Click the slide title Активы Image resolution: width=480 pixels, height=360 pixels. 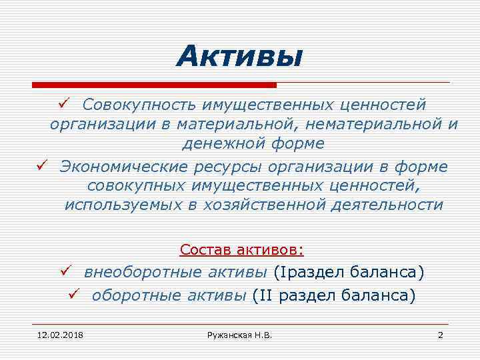coord(239,56)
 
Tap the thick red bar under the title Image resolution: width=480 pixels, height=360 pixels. coord(154,85)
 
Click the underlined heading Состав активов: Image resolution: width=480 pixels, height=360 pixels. coord(241,250)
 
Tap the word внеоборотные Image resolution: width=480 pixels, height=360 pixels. coord(145,273)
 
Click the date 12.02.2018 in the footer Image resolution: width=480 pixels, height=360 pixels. coord(55,334)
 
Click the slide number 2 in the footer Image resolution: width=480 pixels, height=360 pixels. coord(440,334)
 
